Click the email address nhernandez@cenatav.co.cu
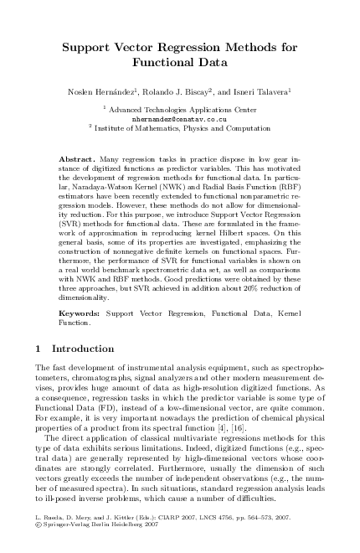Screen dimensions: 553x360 click(180, 119)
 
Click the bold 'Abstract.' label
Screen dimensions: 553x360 click(78, 158)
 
